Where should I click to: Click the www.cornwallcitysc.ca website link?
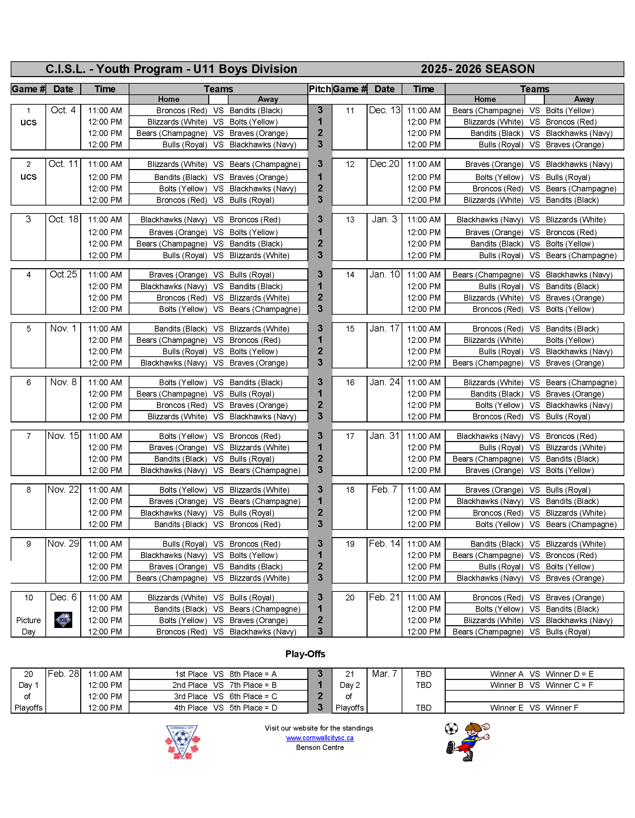pyautogui.click(x=319, y=737)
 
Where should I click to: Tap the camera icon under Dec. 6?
pyautogui.click(x=63, y=620)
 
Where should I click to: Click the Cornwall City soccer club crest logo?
pyautogui.click(x=182, y=742)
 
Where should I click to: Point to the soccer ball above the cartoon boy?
pyautogui.click(x=451, y=728)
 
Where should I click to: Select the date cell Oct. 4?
pyautogui.click(x=63, y=110)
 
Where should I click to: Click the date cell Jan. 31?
pyautogui.click(x=384, y=436)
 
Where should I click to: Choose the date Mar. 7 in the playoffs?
pyautogui.click(x=384, y=673)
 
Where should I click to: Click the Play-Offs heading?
pyautogui.click(x=305, y=654)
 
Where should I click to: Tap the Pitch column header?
pyautogui.click(x=319, y=89)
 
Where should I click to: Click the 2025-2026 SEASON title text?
pyautogui.click(x=477, y=69)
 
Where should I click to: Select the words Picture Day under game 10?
pyautogui.click(x=29, y=626)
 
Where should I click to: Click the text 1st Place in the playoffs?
pyautogui.click(x=191, y=674)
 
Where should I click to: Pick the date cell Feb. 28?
pyautogui.click(x=63, y=673)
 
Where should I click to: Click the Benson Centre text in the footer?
pyautogui.click(x=319, y=747)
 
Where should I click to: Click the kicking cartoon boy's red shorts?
pyautogui.click(x=464, y=749)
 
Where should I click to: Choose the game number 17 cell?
pyautogui.click(x=350, y=436)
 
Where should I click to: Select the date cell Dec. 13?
pyautogui.click(x=384, y=110)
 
